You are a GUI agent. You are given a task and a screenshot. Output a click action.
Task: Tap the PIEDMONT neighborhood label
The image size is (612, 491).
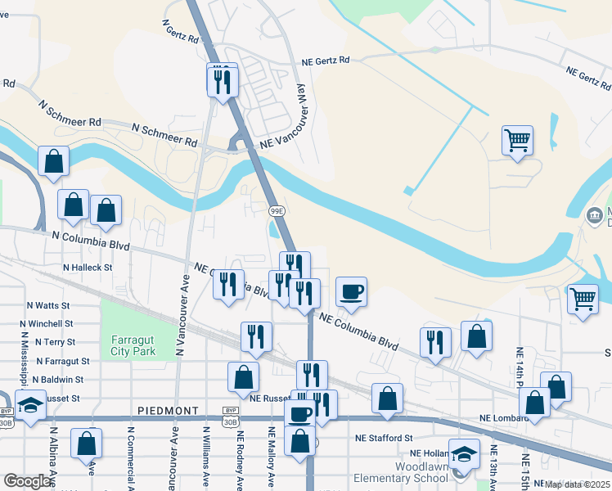point(169,410)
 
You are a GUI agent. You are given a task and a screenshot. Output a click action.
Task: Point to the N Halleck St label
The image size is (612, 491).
point(88,267)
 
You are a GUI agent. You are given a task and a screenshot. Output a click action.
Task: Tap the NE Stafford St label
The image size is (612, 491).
point(383,439)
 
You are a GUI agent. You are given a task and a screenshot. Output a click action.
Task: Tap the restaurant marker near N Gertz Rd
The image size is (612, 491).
point(222,80)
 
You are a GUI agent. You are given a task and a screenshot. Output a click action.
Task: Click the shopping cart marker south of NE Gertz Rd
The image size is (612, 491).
point(517,141)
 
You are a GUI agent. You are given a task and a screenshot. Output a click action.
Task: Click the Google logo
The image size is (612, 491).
point(27,481)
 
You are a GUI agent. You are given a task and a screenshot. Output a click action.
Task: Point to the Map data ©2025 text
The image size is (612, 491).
point(578,484)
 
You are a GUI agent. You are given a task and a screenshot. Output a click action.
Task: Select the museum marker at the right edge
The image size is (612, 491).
point(593,216)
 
